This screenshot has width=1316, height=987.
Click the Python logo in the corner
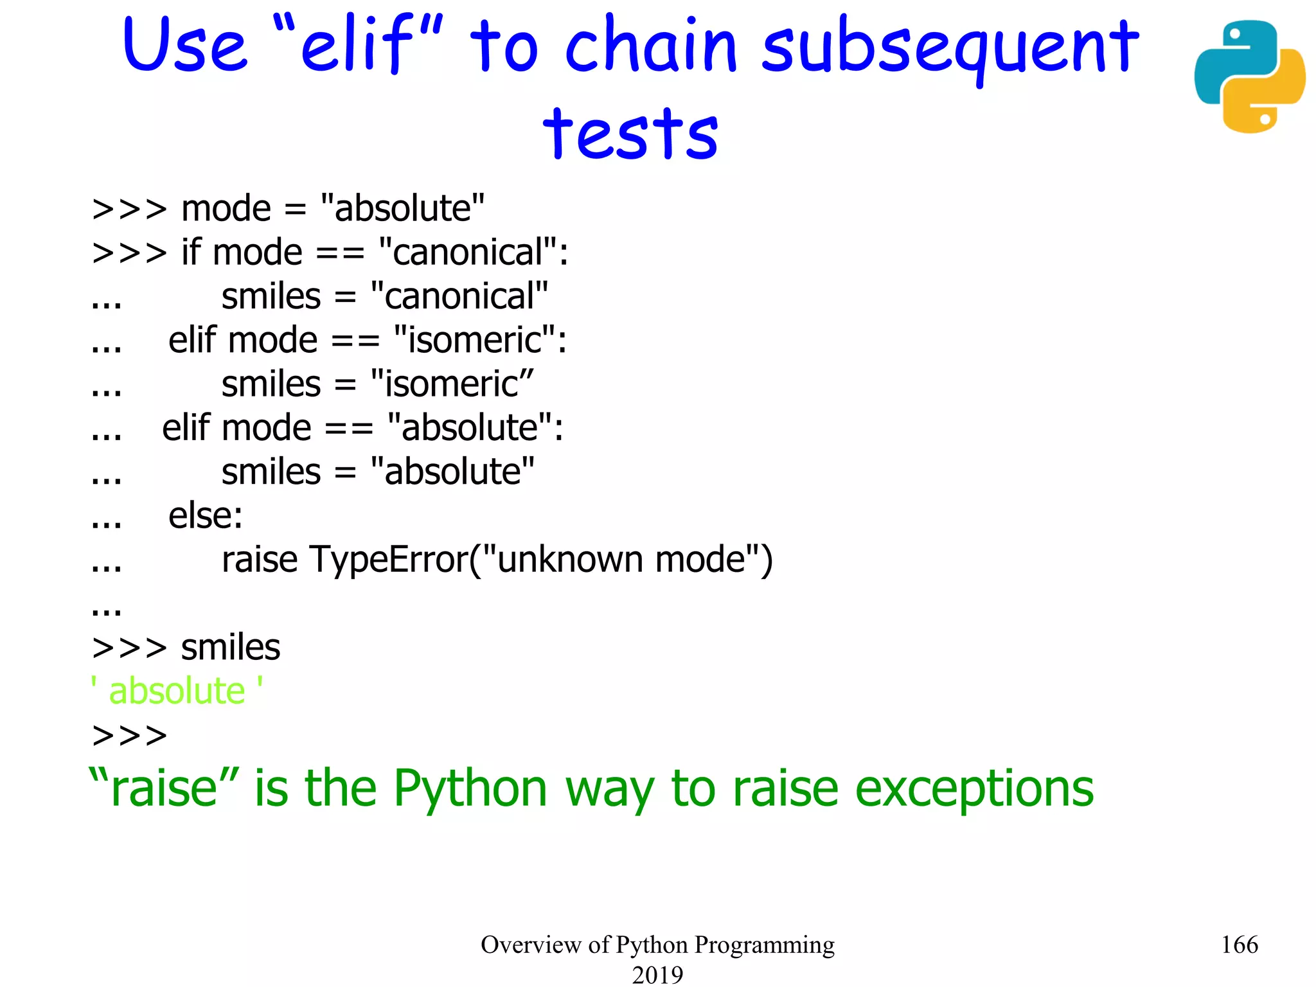1249,76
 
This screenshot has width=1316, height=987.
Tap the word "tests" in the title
630,134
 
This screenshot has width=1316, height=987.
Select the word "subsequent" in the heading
950,48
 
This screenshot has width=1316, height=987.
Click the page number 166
1239,945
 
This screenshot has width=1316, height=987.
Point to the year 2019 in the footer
657,974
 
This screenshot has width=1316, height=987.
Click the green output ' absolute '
177,691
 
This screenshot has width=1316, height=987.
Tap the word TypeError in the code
389,559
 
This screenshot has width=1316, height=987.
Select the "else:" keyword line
206,515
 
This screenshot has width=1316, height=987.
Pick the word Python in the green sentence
470,789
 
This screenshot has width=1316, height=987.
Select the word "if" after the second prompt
191,252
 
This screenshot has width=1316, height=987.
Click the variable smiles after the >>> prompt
230,647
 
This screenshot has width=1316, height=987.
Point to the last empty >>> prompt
129,735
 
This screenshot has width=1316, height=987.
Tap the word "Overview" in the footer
530,945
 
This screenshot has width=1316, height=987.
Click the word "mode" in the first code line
226,208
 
